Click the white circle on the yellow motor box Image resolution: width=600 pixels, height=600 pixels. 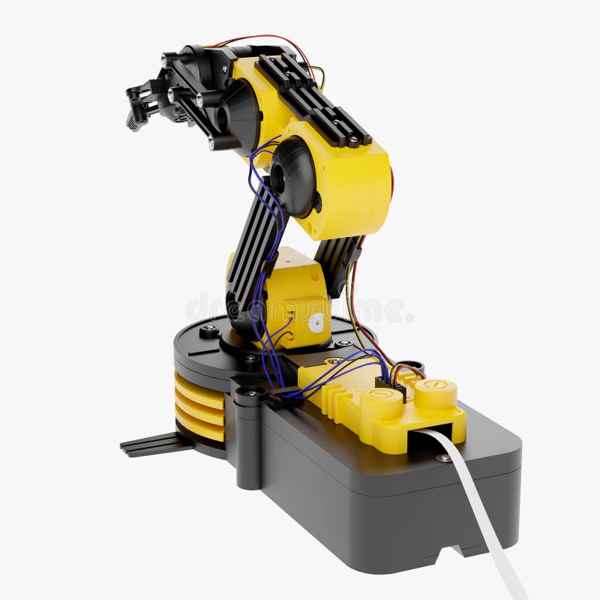[316, 323]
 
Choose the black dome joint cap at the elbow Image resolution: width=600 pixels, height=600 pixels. [292, 176]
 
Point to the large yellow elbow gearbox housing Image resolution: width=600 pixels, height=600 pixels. [352, 187]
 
